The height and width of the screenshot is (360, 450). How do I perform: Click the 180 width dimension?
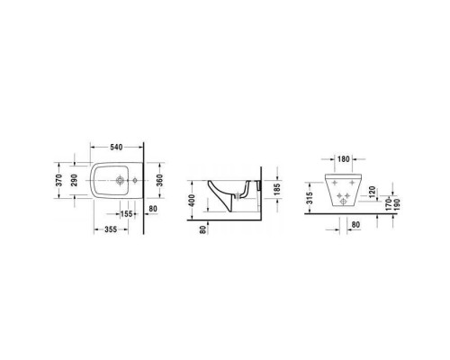pyautogui.click(x=345, y=159)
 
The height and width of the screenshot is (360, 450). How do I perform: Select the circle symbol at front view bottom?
pyautogui.click(x=345, y=203)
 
